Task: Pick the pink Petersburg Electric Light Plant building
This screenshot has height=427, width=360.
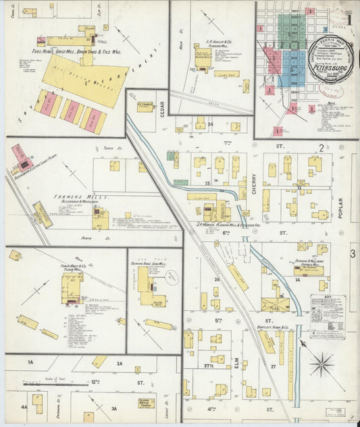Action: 20,156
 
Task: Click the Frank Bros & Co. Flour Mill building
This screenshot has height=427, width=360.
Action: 72,286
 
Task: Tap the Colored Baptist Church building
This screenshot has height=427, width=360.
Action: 147,403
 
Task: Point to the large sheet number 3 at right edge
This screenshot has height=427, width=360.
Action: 353,254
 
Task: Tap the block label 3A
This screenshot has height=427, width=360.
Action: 114,408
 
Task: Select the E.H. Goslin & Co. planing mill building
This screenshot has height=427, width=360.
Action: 202,57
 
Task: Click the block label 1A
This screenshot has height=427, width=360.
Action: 30,363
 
